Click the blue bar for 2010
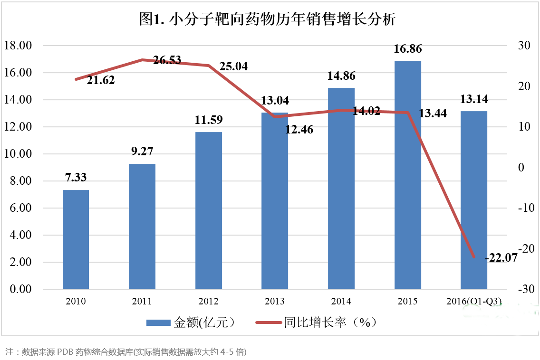click(x=76, y=239)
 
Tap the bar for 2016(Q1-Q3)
click(x=474, y=200)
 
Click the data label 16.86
click(x=408, y=49)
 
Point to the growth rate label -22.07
click(x=501, y=258)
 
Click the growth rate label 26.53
click(x=167, y=60)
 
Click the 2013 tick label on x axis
click(x=275, y=301)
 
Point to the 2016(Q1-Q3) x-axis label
click(x=474, y=301)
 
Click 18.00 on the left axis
click(x=17, y=46)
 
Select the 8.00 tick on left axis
click(x=17, y=181)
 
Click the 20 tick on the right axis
click(x=525, y=86)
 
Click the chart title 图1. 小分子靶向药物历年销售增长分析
click(x=268, y=19)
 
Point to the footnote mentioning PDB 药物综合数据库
click(x=126, y=352)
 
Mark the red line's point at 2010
click(x=76, y=79)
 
